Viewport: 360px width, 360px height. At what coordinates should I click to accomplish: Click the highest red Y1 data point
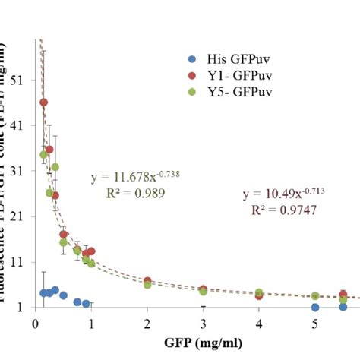click(x=44, y=103)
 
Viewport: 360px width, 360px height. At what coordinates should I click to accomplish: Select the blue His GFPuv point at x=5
click(x=315, y=307)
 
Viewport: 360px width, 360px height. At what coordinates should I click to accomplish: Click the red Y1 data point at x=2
click(x=147, y=282)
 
